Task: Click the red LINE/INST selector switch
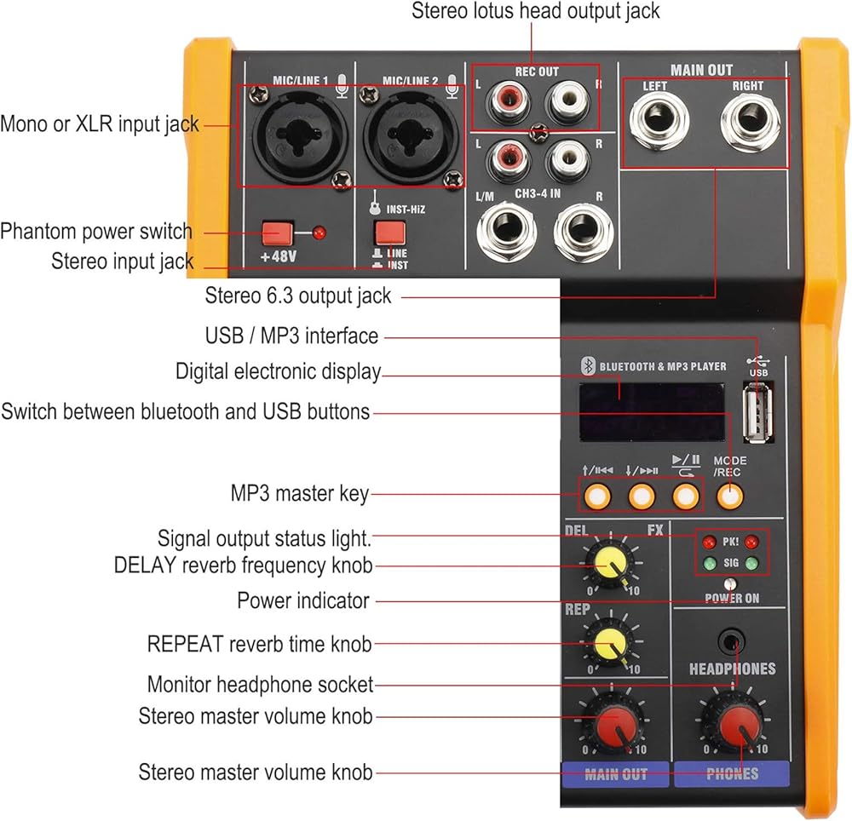pyautogui.click(x=389, y=233)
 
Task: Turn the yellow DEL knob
pyautogui.click(x=608, y=560)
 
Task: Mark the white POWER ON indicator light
pyautogui.click(x=730, y=584)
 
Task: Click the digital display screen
pyautogui.click(x=652, y=409)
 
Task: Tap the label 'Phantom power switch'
pyautogui.click(x=96, y=232)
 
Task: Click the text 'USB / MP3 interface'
pyautogui.click(x=291, y=336)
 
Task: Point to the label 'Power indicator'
pyautogui.click(x=302, y=600)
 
